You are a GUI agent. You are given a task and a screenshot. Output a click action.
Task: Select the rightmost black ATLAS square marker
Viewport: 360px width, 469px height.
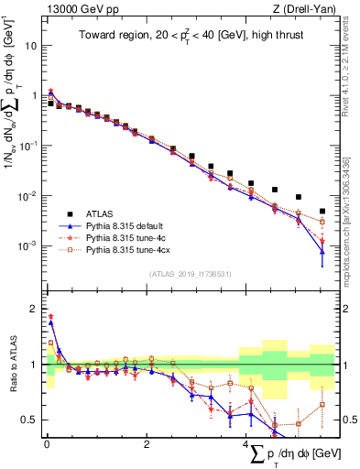pyautogui.click(x=322, y=211)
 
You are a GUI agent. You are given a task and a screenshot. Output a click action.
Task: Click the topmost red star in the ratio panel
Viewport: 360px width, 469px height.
pyautogui.click(x=50, y=316)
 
